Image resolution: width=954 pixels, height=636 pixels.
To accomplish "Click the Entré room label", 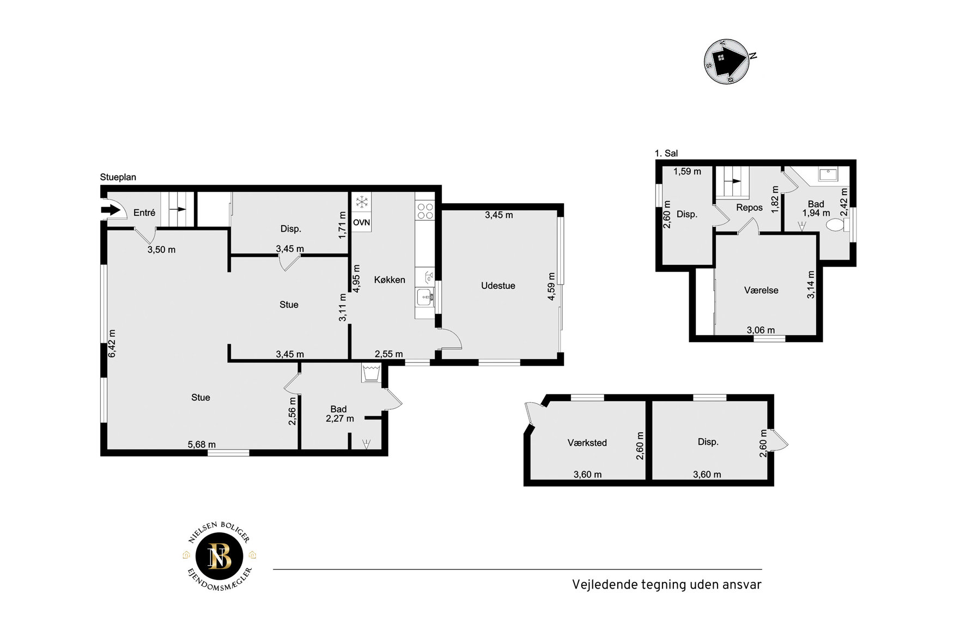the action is click(x=144, y=213).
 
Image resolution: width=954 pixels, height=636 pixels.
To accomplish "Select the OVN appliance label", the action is click(x=361, y=222).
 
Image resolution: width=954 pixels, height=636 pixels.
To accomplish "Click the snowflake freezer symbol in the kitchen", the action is click(x=361, y=203).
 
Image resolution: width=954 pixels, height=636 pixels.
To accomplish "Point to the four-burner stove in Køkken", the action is click(x=425, y=211).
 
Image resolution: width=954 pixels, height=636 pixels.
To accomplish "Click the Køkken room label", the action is click(x=390, y=280).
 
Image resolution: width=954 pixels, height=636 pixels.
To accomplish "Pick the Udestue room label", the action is click(x=498, y=286).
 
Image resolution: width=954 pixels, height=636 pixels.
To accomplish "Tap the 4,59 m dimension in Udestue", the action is click(x=551, y=287).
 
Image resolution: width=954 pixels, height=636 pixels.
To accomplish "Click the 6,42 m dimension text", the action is click(x=112, y=343).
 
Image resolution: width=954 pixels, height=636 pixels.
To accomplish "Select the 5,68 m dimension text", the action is click(x=202, y=445).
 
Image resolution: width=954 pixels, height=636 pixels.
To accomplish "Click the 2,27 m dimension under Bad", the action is click(x=340, y=419).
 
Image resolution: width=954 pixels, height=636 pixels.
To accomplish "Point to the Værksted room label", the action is click(x=587, y=443).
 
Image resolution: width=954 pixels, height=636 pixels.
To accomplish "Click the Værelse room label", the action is click(x=761, y=290).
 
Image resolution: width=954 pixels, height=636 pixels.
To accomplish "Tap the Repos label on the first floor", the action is click(x=749, y=208).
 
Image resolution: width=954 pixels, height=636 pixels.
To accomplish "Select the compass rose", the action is click(x=727, y=61).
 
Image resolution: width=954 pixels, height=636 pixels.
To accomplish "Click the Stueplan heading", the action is click(x=118, y=177).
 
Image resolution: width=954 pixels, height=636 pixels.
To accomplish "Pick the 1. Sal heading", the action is click(x=666, y=154).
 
